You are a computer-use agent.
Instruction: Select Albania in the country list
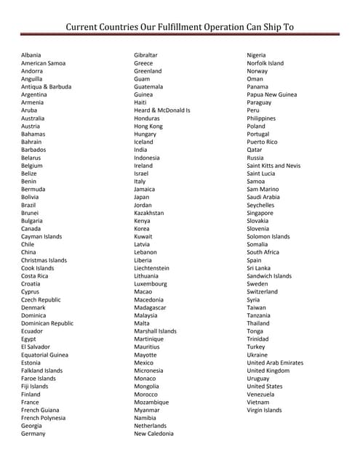31,55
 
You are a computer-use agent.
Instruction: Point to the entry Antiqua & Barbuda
47,86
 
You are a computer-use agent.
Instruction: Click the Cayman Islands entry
41,236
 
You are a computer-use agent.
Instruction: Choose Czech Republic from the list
41,299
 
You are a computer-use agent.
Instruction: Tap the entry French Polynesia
43,418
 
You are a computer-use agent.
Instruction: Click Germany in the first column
33,434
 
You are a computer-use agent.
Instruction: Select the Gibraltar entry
146,55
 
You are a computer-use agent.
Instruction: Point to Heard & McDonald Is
162,110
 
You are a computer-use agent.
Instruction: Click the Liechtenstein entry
151,268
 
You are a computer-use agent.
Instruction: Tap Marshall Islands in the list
155,331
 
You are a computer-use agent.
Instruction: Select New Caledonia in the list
154,434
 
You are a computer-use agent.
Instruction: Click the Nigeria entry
257,55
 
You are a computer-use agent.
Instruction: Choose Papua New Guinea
272,94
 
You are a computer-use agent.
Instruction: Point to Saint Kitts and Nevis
273,166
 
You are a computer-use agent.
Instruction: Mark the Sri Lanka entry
259,268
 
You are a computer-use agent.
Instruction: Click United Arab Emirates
276,363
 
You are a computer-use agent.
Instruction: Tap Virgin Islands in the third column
265,410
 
